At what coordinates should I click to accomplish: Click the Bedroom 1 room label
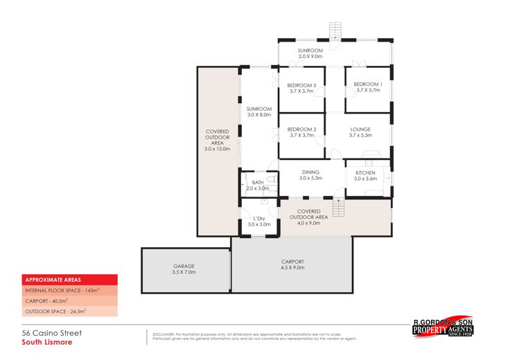(x=368, y=87)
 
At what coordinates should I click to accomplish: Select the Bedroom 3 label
(x=301, y=87)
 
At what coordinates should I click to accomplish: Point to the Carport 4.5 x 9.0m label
(x=292, y=264)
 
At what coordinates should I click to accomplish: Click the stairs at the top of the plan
(x=335, y=30)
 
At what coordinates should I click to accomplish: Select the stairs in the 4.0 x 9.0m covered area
(x=338, y=207)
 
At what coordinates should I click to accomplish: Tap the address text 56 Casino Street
(x=52, y=333)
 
